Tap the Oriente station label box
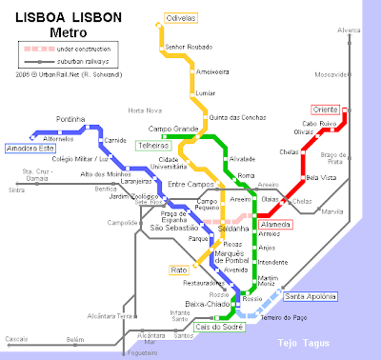pyautogui.click(x=326, y=110)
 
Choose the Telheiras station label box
pyautogui.click(x=153, y=146)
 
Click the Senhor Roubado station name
pyautogui.click(x=188, y=46)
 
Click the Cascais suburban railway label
pyautogui.click(x=16, y=339)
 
